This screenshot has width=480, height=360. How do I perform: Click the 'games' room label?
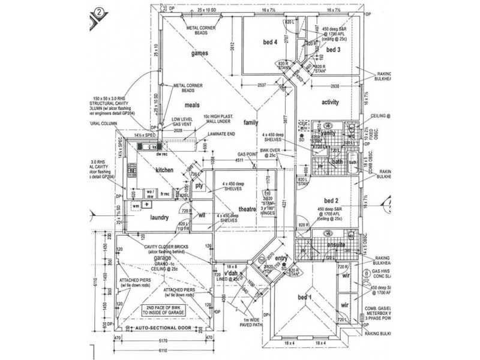[199, 54]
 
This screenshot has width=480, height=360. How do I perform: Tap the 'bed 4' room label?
[269, 43]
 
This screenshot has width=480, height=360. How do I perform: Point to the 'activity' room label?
[331, 102]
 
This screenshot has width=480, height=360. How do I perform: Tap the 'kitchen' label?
[164, 170]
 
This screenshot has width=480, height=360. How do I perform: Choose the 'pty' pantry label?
[200, 186]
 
